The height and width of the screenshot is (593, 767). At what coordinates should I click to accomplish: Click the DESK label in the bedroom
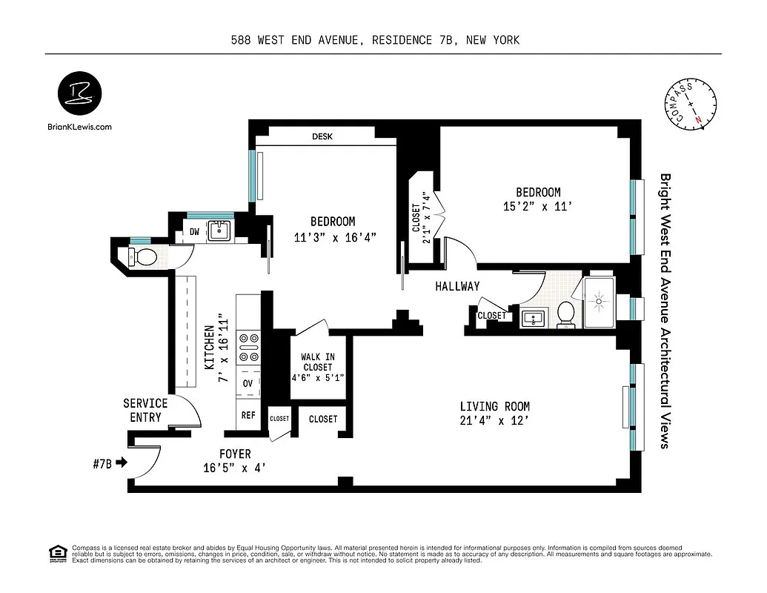[322, 137]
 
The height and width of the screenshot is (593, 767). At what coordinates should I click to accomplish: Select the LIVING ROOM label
[494, 406]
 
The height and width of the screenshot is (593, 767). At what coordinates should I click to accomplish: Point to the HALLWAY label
[457, 286]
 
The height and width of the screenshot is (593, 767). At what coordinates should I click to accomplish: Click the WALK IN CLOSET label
[317, 362]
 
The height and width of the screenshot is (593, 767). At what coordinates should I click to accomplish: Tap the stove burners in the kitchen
[248, 348]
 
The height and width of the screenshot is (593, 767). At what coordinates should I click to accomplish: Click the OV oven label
[248, 384]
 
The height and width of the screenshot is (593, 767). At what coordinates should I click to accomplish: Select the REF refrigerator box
[248, 416]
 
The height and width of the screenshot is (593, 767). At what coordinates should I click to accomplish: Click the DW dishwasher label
[194, 232]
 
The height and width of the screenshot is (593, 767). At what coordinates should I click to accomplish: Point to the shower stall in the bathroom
[599, 302]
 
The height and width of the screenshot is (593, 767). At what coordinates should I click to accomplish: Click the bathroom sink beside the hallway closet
[532, 319]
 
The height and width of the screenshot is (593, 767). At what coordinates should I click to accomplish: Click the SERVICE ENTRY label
[145, 410]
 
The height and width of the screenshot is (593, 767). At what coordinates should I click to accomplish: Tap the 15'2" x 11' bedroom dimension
[537, 208]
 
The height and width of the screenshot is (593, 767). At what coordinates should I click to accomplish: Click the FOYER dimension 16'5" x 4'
[234, 468]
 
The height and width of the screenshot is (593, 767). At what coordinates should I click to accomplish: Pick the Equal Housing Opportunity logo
[56, 553]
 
